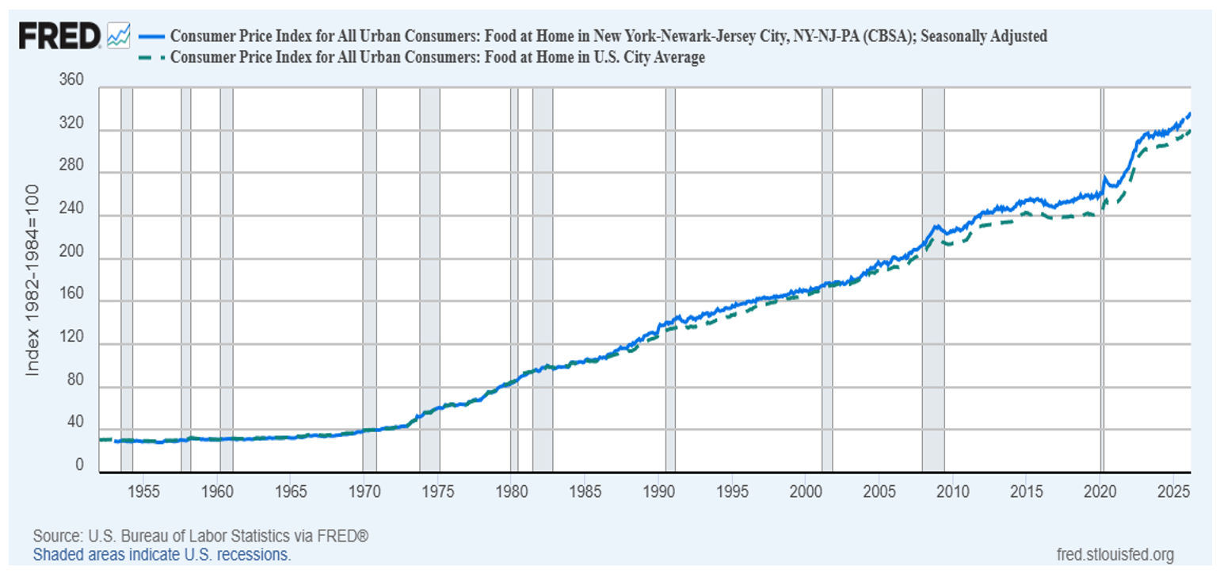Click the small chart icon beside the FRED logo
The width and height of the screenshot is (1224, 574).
118,35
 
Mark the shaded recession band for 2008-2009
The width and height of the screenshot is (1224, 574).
932,277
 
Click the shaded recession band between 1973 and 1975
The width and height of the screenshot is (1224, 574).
429,277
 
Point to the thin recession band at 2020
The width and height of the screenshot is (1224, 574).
1102,277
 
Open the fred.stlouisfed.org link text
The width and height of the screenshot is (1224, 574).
1115,554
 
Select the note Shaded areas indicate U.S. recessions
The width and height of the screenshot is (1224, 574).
162,554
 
